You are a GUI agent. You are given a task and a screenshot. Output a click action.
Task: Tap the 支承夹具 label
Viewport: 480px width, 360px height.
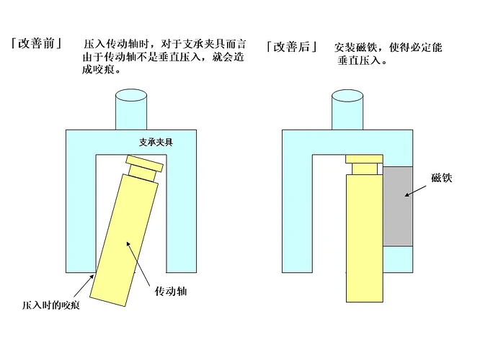coord(156,142)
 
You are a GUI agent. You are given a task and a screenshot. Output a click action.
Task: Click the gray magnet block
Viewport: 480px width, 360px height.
coord(398,206)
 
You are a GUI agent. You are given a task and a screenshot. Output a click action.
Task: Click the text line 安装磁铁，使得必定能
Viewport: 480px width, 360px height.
coord(388,47)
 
